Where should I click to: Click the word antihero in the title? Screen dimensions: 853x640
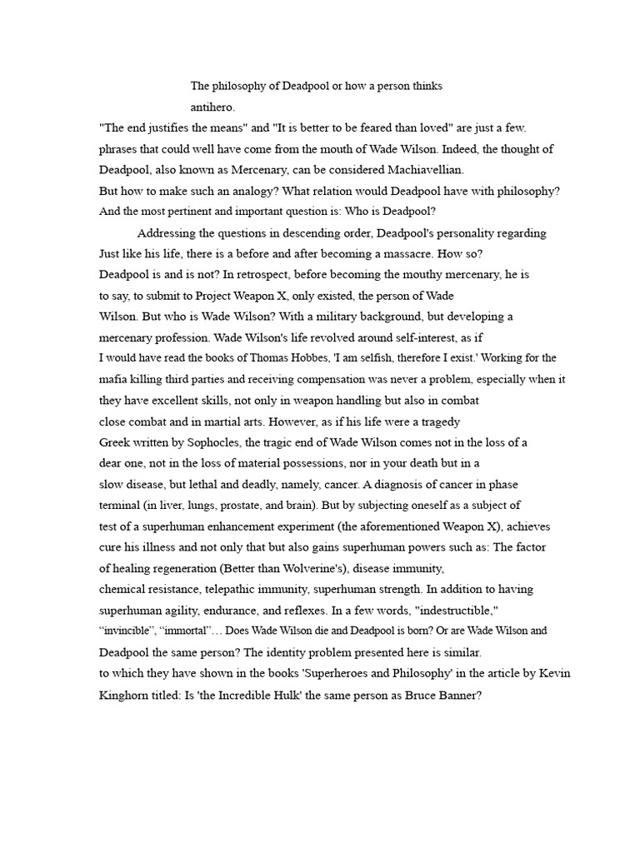coord(212,107)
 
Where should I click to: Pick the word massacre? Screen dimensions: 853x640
coord(403,253)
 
